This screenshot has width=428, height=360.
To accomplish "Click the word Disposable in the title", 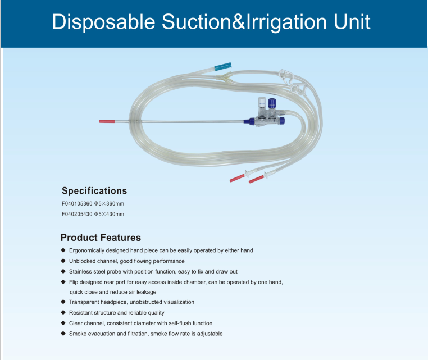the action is [104, 22].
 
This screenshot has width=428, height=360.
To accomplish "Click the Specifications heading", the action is [94, 191].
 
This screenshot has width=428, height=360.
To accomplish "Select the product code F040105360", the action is [77, 204].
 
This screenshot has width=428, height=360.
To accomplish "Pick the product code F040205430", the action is [77, 214].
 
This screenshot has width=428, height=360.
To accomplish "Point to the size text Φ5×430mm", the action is [109, 214].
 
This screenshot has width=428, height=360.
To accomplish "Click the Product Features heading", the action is [101, 238].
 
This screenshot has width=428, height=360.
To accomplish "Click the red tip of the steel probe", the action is [107, 121].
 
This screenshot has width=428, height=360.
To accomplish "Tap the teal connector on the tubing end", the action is [223, 66].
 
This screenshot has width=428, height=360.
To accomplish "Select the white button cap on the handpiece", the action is [262, 102].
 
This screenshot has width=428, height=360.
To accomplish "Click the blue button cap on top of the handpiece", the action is [272, 103].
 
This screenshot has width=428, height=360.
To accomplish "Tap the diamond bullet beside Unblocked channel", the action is [63, 261].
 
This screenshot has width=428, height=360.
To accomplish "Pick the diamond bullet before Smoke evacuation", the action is [63, 333].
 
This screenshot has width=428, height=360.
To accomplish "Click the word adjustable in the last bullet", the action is [210, 334].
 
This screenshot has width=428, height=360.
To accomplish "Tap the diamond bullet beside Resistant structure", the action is [63, 312].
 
